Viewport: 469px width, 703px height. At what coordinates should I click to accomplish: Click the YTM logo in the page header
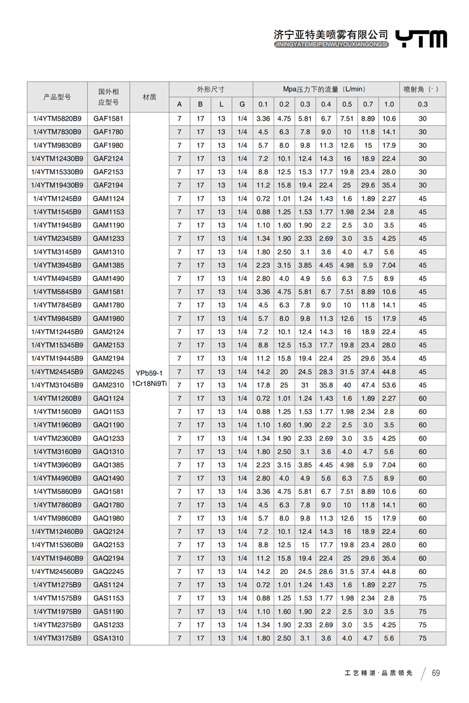point(423,39)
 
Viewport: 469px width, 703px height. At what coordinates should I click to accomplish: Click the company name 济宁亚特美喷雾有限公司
point(331,34)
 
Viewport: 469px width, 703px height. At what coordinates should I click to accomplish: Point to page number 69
point(436,673)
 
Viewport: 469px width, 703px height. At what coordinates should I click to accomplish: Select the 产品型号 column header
point(57,96)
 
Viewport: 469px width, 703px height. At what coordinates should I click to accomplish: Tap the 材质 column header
point(150,96)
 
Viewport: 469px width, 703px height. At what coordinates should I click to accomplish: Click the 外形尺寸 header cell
point(211,89)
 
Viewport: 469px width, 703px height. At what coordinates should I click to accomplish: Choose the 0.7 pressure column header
point(368,104)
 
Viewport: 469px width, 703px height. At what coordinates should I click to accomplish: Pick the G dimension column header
point(242,104)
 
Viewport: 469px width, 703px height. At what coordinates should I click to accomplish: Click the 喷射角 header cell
point(422,89)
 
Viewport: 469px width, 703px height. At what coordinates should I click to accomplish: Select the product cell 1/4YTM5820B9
point(57,119)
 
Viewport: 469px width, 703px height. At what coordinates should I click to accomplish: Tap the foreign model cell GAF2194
point(108,185)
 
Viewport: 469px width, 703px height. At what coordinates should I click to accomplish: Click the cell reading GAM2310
point(108,385)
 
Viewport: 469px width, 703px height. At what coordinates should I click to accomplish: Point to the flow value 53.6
point(389,385)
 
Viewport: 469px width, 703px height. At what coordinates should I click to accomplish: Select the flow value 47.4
point(368,385)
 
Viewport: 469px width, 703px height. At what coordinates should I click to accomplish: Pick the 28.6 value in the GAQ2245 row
point(326,571)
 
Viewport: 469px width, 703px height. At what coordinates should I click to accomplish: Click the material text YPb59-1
point(150,373)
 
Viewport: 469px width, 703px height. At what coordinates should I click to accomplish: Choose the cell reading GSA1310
point(108,638)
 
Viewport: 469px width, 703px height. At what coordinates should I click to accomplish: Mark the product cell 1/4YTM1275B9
point(57,584)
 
